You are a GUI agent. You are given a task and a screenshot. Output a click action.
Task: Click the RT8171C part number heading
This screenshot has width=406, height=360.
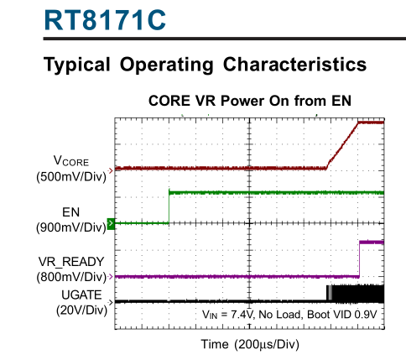pyautogui.click(x=105, y=20)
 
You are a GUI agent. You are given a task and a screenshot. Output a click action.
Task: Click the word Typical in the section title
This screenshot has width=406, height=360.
pyautogui.click(x=77, y=65)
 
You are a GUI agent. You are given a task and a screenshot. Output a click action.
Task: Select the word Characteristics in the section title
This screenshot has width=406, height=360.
pyautogui.click(x=294, y=65)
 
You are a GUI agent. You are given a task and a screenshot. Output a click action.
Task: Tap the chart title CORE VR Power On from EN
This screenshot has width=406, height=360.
pyautogui.click(x=250, y=101)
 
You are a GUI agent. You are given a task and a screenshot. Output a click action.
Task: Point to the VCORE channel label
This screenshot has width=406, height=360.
pyautogui.click(x=71, y=161)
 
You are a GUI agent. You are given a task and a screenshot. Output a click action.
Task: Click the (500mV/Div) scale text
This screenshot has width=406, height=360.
pyautogui.click(x=71, y=177)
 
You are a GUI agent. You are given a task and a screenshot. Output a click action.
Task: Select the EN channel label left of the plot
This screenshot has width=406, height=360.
pyautogui.click(x=71, y=212)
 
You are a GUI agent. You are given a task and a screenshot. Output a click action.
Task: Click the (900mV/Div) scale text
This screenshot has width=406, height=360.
pyautogui.click(x=71, y=227)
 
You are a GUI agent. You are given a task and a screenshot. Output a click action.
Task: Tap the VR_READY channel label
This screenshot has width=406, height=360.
pyautogui.click(x=71, y=262)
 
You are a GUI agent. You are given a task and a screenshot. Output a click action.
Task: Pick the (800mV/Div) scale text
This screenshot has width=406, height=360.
pyautogui.click(x=71, y=277)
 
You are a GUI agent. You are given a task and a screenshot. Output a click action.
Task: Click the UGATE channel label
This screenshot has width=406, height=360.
pyautogui.click(x=81, y=295)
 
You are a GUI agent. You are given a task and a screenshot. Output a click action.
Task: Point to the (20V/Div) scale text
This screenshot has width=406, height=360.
pyautogui.click(x=81, y=310)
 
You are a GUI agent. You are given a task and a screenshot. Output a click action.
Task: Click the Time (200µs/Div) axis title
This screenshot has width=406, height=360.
pyautogui.click(x=250, y=344)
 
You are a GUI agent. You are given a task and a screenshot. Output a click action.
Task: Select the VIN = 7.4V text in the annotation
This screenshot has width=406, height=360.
pyautogui.click(x=227, y=315)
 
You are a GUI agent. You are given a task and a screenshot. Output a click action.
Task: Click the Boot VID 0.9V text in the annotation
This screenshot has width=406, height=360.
pyautogui.click(x=342, y=315)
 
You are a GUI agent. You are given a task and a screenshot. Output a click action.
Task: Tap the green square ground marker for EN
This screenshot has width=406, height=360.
pyautogui.click(x=111, y=223)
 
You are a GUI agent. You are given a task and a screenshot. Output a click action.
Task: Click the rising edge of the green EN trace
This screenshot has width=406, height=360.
pyautogui.click(x=169, y=207)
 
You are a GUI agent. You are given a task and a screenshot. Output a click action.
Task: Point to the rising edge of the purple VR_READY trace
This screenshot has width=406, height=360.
pyautogui.click(x=359, y=259)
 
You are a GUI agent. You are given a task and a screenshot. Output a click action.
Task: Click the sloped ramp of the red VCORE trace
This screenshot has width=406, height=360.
pyautogui.click(x=342, y=145)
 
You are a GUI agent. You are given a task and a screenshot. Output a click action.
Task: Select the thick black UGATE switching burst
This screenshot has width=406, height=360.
pyautogui.click(x=356, y=294)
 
